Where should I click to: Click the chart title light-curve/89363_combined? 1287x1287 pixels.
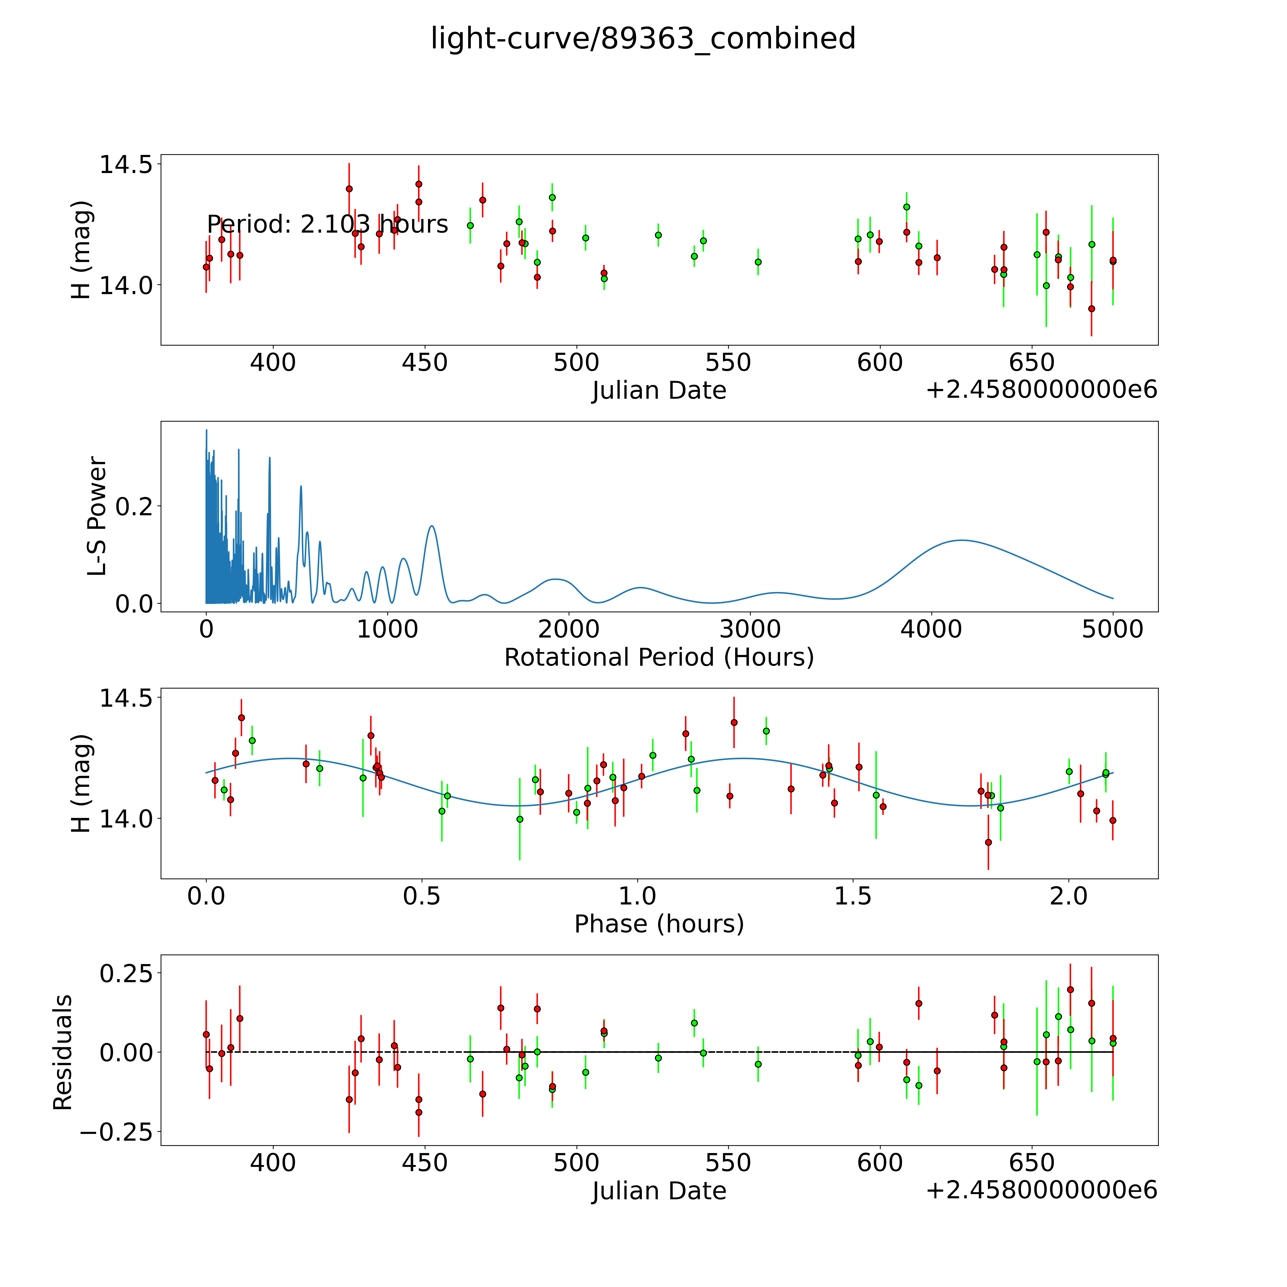643,39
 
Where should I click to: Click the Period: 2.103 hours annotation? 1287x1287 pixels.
327,225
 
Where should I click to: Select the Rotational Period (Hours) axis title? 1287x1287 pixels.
659,658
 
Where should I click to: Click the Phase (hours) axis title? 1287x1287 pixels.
659,924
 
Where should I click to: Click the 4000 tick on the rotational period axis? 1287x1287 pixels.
931,629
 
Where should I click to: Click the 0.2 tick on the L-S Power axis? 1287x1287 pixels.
135,506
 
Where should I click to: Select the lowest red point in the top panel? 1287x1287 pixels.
1091,308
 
